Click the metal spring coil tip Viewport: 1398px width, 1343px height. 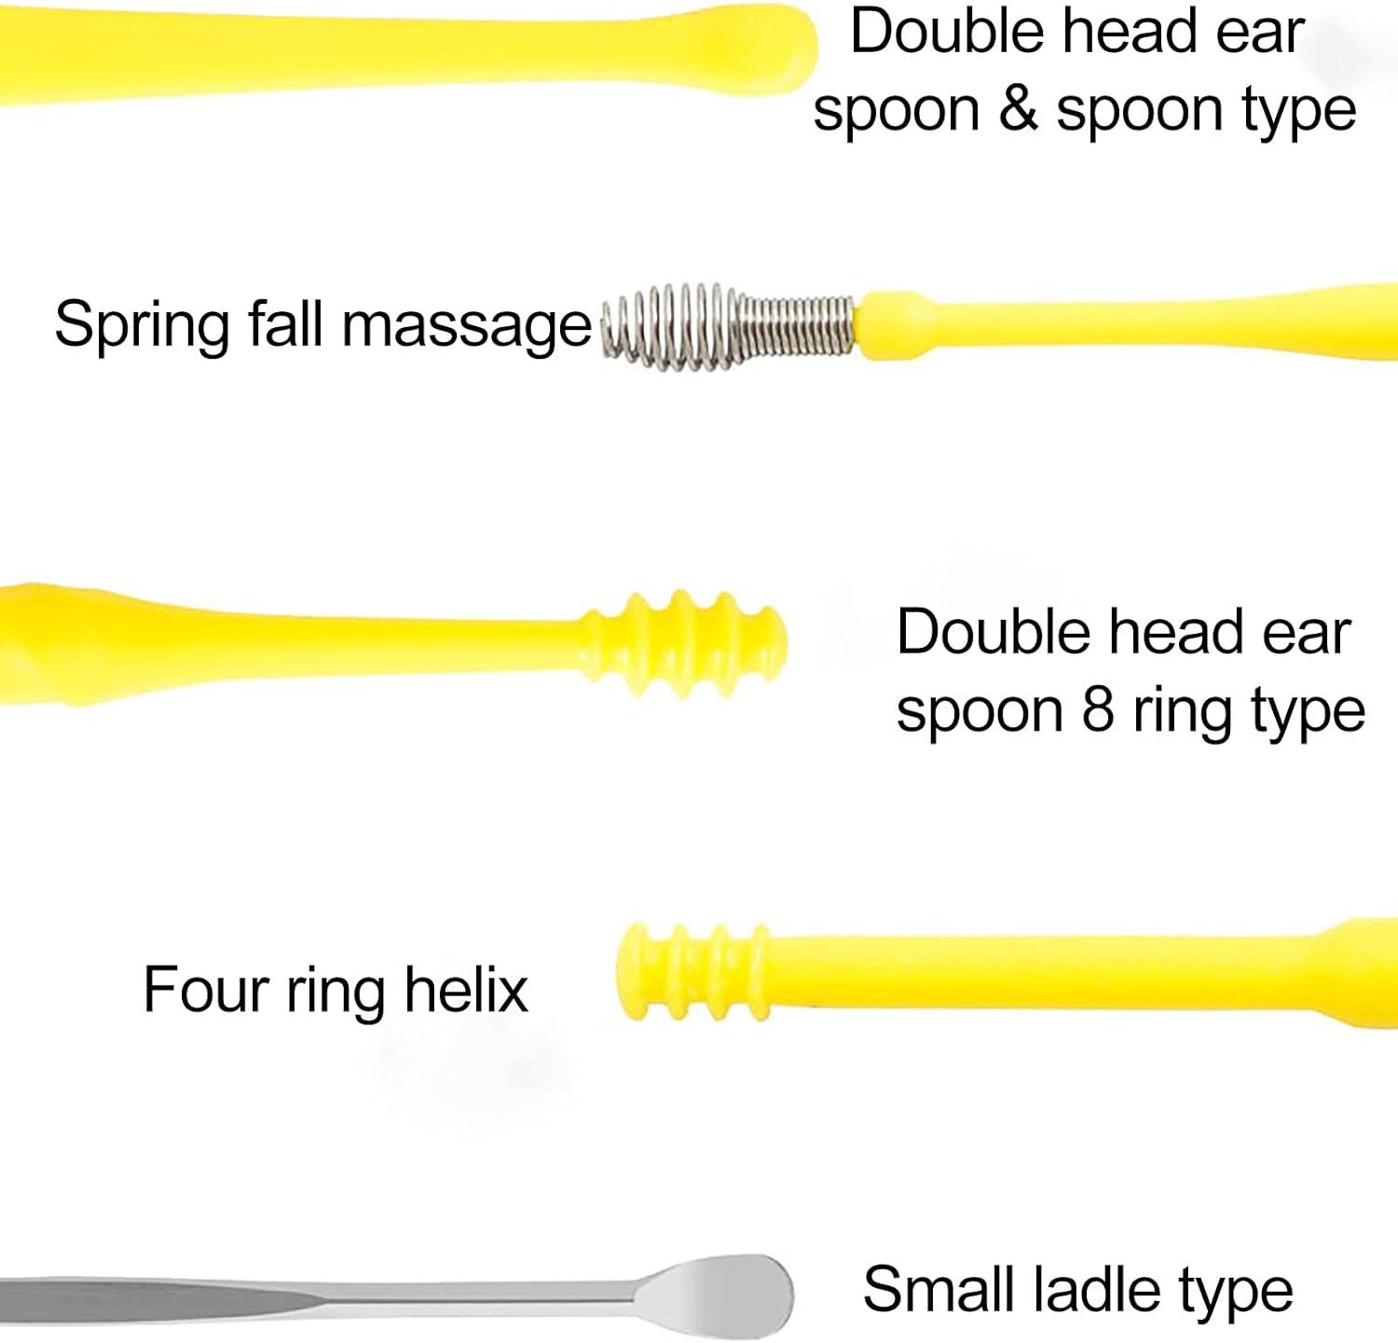[x=727, y=327]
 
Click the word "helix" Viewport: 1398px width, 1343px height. [x=466, y=990]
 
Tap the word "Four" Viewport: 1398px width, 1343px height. [x=205, y=990]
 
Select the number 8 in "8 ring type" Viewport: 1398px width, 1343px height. [x=1097, y=711]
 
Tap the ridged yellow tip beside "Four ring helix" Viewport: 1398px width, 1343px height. [x=693, y=971]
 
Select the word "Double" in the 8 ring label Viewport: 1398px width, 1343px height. [x=994, y=634]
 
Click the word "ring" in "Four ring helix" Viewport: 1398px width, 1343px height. [x=336, y=994]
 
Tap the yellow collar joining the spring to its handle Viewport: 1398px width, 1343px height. [x=890, y=324]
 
